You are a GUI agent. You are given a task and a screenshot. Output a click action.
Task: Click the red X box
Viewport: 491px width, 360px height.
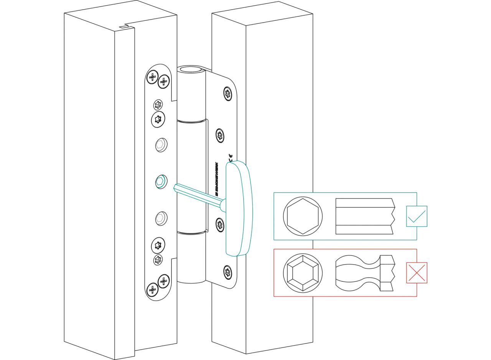pos(417,273)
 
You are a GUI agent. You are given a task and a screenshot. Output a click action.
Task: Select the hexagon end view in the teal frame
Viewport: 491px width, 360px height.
pos(302,216)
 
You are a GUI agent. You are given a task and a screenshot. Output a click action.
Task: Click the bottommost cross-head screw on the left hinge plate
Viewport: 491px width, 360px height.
pos(152,288)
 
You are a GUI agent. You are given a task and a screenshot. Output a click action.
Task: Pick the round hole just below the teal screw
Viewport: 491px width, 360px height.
pos(160,218)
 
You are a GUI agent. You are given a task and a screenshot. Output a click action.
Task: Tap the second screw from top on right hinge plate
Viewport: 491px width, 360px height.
pos(220,135)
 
